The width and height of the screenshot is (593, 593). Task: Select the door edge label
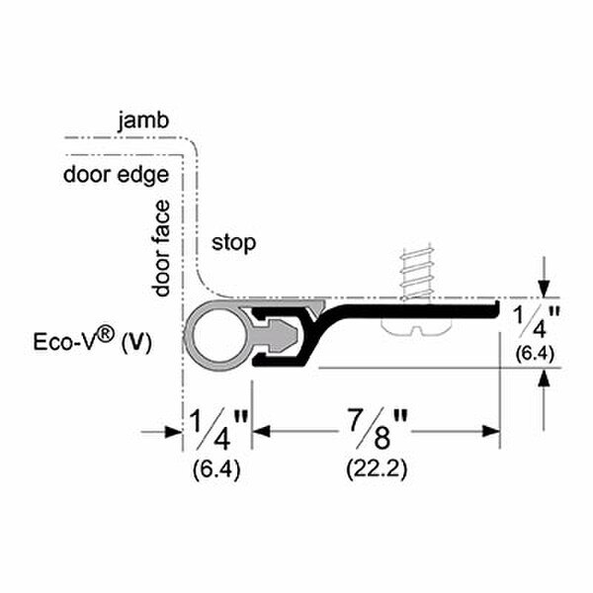pos(115,175)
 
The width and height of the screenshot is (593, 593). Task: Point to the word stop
pos(233,242)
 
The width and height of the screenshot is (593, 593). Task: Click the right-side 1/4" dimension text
pos(538,323)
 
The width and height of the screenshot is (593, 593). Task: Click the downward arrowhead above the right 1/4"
pos(542,286)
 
